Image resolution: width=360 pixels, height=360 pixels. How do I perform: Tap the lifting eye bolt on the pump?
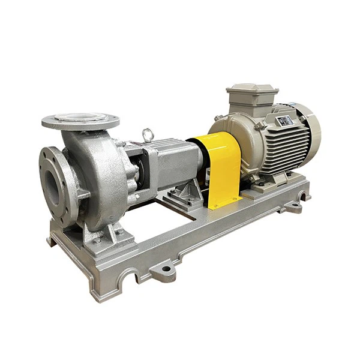[148, 136]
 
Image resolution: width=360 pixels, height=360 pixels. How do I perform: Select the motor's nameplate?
[286, 121]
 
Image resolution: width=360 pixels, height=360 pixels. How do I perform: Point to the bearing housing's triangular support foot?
[180, 196]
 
